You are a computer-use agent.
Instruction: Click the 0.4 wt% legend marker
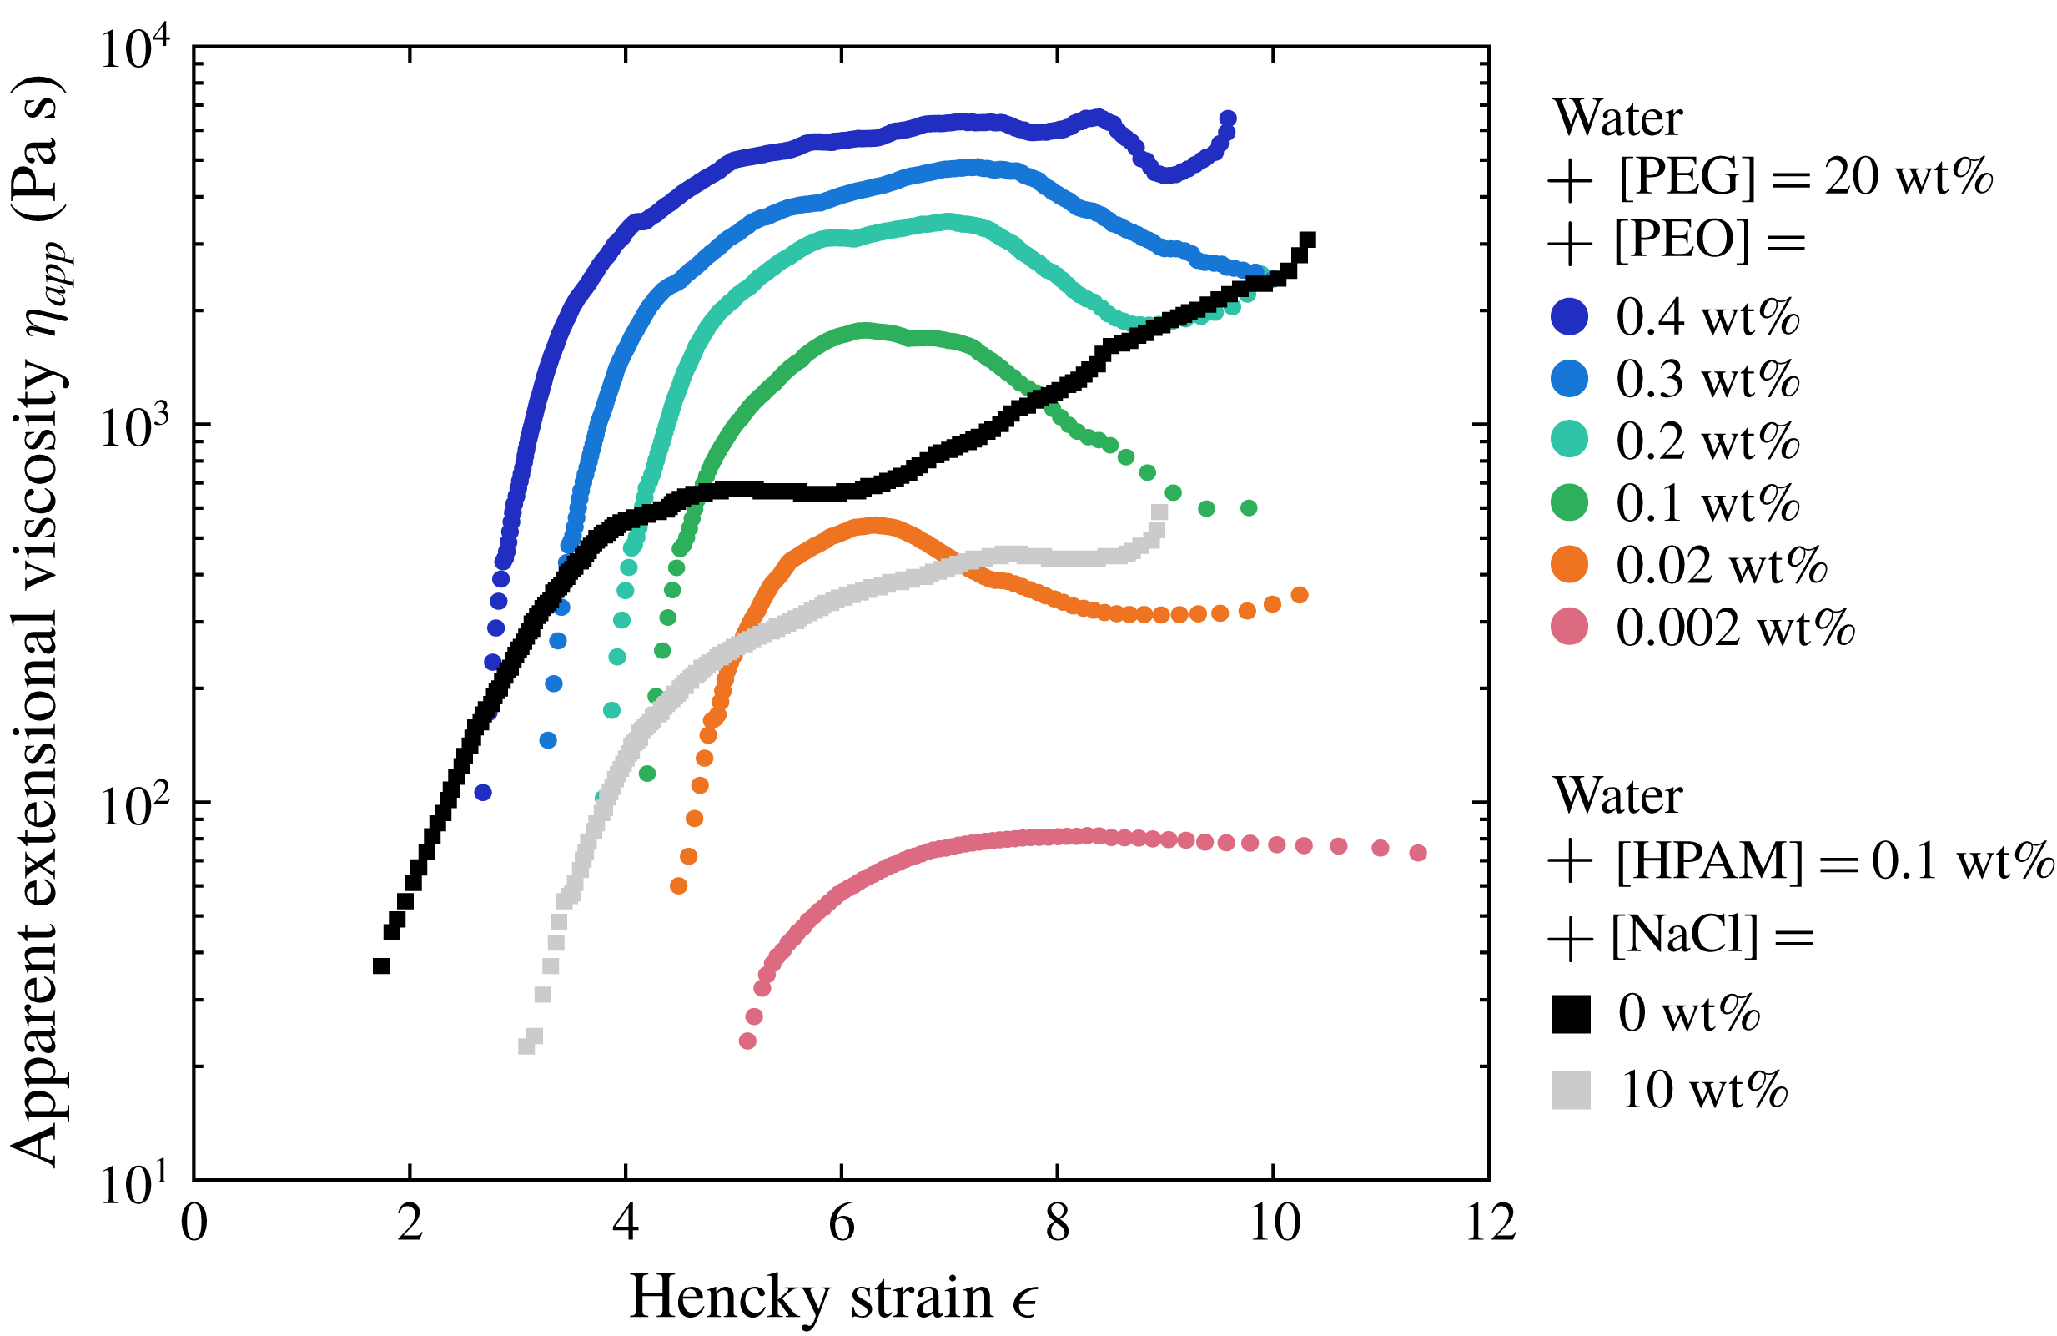(x=1570, y=316)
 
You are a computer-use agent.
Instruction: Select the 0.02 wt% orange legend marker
(x=1570, y=565)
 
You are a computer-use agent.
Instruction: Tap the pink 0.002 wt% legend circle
(x=1570, y=626)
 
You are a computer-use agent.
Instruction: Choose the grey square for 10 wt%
(x=1571, y=1091)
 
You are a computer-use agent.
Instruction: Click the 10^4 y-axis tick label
(x=136, y=50)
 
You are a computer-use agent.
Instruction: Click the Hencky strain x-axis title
(x=833, y=1298)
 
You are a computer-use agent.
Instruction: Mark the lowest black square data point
(x=380, y=965)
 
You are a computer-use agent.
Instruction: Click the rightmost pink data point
(x=1417, y=853)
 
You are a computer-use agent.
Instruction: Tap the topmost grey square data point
(x=1159, y=512)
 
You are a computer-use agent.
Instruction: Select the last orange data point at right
(x=1299, y=595)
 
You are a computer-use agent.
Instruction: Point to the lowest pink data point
(x=747, y=1041)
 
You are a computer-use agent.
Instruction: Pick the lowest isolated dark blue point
(x=483, y=792)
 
